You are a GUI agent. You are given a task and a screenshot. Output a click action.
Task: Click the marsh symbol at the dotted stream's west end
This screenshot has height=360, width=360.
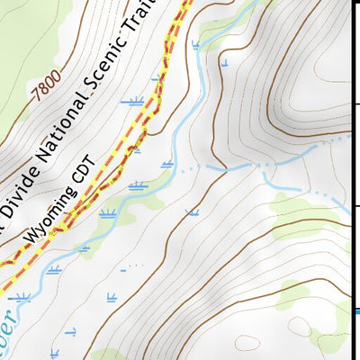(167, 163)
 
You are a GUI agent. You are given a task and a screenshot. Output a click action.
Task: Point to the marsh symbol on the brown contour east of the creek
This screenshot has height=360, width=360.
(191, 212)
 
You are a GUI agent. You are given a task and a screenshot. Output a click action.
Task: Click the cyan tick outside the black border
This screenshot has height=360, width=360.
(356, 312)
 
